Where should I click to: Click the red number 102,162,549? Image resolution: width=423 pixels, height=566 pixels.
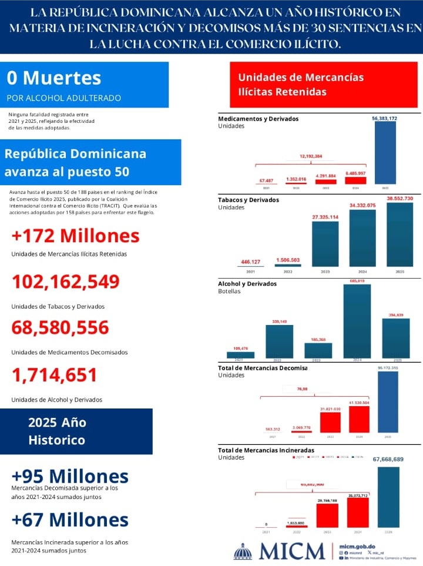[66, 282]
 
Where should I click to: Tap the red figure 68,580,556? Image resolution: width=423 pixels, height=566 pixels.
[60, 327]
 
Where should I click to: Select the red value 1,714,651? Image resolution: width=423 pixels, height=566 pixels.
[54, 374]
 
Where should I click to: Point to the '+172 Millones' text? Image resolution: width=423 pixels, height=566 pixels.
[75, 236]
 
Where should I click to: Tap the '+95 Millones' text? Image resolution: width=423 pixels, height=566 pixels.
[69, 475]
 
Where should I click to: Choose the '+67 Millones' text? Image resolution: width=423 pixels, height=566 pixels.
[69, 520]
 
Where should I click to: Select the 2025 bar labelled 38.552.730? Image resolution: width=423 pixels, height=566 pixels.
[400, 235]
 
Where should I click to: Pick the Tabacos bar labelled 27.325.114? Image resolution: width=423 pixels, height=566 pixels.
[325, 244]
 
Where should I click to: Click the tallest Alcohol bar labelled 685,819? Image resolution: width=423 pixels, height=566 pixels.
[357, 321]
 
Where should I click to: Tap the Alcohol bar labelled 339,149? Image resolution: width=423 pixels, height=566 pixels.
[279, 341]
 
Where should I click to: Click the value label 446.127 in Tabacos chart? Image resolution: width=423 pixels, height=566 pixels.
[251, 262]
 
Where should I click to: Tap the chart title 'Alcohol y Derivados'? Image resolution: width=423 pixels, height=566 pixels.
[247, 284]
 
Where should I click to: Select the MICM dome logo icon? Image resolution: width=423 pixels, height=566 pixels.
[243, 551]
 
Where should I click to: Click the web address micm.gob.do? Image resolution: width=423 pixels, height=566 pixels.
[358, 546]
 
